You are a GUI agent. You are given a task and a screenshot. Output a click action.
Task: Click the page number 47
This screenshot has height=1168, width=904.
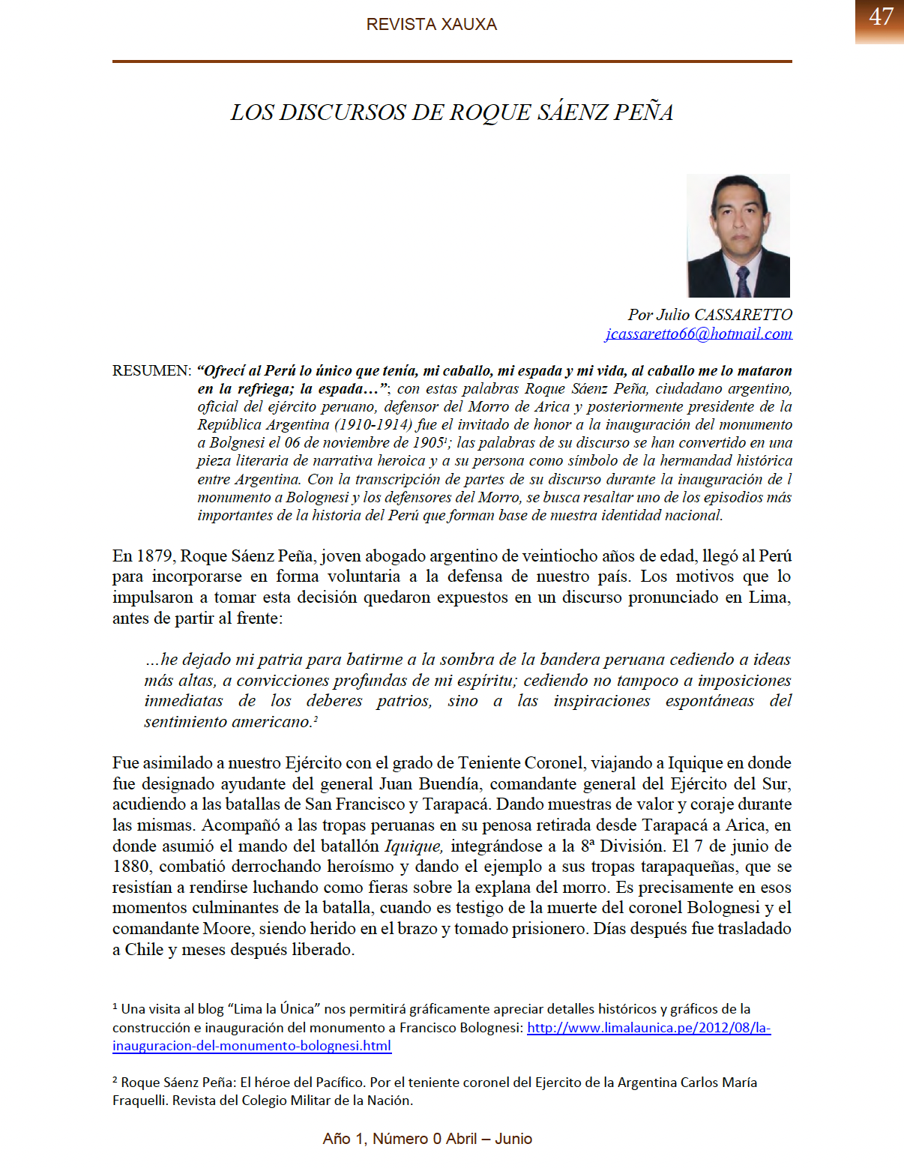point(881,17)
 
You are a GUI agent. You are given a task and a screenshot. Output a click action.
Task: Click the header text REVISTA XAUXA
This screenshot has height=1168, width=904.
point(431,25)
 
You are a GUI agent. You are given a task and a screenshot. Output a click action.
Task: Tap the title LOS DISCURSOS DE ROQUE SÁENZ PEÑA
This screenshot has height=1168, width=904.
point(451,112)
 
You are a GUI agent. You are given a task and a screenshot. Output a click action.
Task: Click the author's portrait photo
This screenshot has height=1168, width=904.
point(738,235)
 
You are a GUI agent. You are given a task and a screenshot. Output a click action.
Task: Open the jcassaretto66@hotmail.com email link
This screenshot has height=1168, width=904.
point(698,334)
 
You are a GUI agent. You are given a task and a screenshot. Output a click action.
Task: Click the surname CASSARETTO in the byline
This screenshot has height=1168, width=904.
point(743,315)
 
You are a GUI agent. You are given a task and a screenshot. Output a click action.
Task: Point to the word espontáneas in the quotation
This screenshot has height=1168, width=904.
point(709,701)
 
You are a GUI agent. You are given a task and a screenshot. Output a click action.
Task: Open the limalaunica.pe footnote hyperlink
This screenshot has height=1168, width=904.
point(648,1028)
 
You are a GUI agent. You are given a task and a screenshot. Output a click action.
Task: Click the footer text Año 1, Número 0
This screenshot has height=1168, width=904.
point(382,1139)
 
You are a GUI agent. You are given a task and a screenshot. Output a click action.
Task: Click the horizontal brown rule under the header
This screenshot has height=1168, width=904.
point(451,61)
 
